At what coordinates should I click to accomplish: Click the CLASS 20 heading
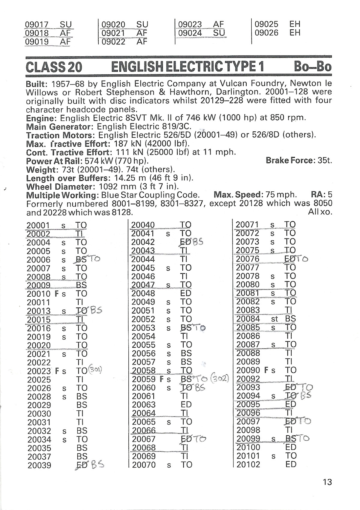pyautogui.click(x=54, y=67)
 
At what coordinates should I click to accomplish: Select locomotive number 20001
pyautogui.click(x=38, y=226)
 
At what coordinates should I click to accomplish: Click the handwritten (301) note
pyautogui.click(x=95, y=370)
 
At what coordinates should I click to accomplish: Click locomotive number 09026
pyautogui.click(x=266, y=33)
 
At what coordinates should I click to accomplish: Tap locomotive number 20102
pyautogui.click(x=248, y=465)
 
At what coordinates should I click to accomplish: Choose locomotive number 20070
pyautogui.click(x=144, y=465)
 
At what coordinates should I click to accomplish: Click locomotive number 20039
pyautogui.click(x=39, y=466)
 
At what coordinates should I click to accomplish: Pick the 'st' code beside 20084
pyautogui.click(x=274, y=319)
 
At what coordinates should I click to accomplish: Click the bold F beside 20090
pyautogui.click(x=266, y=370)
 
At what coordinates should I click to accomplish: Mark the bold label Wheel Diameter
pyautogui.click(x=60, y=187)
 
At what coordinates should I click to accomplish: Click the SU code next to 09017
pyautogui.click(x=66, y=25)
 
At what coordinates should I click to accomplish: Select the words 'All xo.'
pyautogui.click(x=320, y=212)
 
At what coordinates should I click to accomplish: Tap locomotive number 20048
pyautogui.click(x=143, y=293)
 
